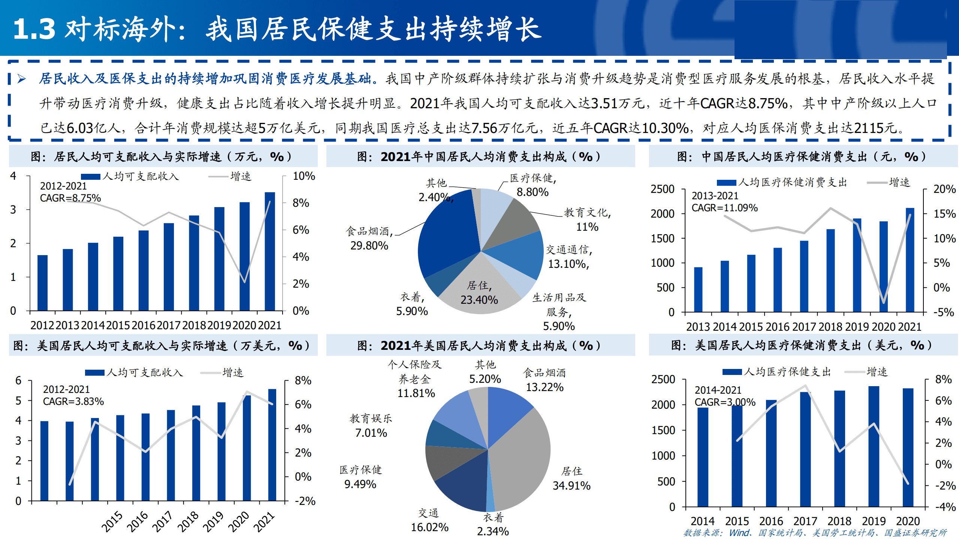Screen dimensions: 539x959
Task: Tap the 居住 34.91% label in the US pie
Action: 572,479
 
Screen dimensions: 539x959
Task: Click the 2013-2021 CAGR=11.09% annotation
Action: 724,202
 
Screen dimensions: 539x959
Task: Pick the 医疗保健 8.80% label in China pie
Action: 533,185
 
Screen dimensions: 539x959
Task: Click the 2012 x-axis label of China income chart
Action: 42,325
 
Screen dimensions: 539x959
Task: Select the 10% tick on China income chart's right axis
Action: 304,176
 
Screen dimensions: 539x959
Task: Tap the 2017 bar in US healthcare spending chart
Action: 805,449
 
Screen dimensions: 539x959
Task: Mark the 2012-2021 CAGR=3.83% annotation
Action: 73,396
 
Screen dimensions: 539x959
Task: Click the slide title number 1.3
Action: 34,29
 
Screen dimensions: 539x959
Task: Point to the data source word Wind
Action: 739,533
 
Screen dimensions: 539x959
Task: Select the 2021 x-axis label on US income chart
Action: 265,521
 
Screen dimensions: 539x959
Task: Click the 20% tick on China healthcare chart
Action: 944,189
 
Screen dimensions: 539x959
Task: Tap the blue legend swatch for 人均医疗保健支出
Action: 732,372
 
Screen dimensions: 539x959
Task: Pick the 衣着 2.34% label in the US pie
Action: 493,524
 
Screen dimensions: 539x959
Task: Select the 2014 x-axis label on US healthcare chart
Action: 703,521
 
